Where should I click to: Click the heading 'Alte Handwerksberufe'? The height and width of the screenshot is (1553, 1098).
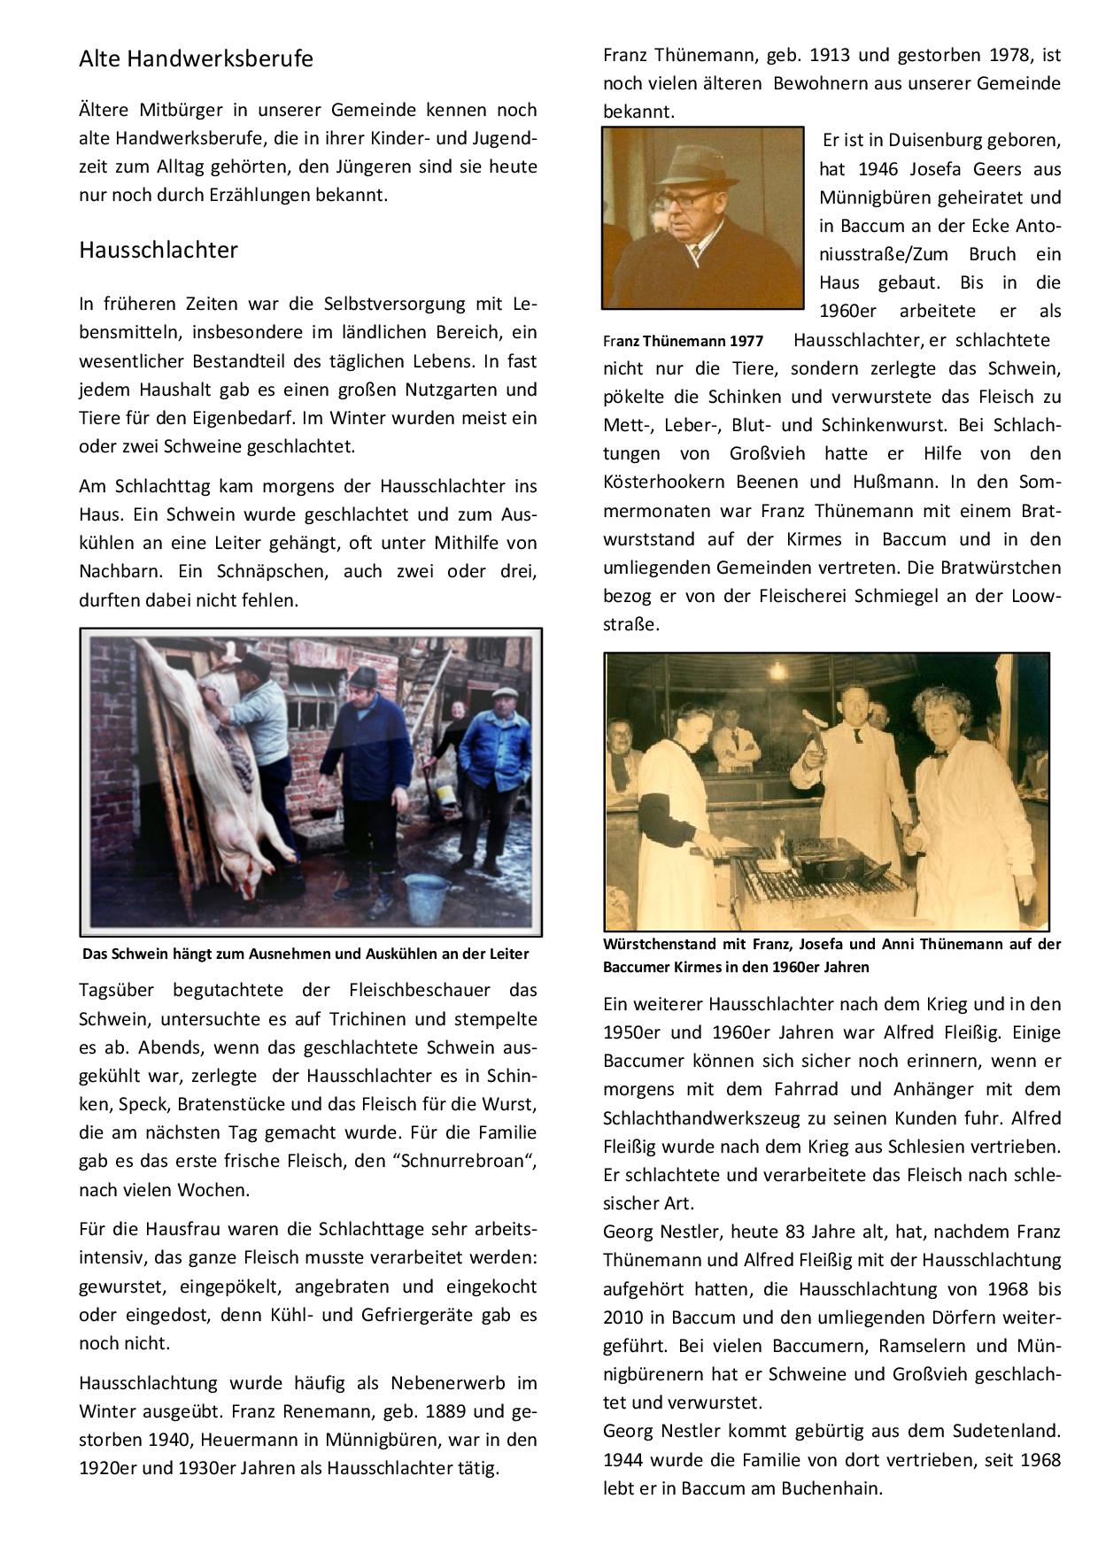coord(196,59)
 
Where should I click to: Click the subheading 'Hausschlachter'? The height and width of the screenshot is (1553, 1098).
coord(159,251)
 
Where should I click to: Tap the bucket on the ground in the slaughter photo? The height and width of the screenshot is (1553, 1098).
coord(426,898)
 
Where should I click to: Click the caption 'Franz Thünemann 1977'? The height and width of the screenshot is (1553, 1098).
coord(683,341)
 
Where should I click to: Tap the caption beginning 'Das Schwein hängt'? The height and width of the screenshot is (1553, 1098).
coord(305,954)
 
